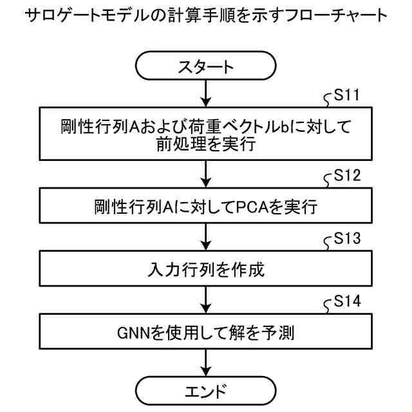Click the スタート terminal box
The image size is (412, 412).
pos(205,67)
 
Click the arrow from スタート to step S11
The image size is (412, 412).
pos(205,93)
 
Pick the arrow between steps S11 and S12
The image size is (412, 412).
pos(205,172)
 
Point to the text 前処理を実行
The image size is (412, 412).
pos(205,145)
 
